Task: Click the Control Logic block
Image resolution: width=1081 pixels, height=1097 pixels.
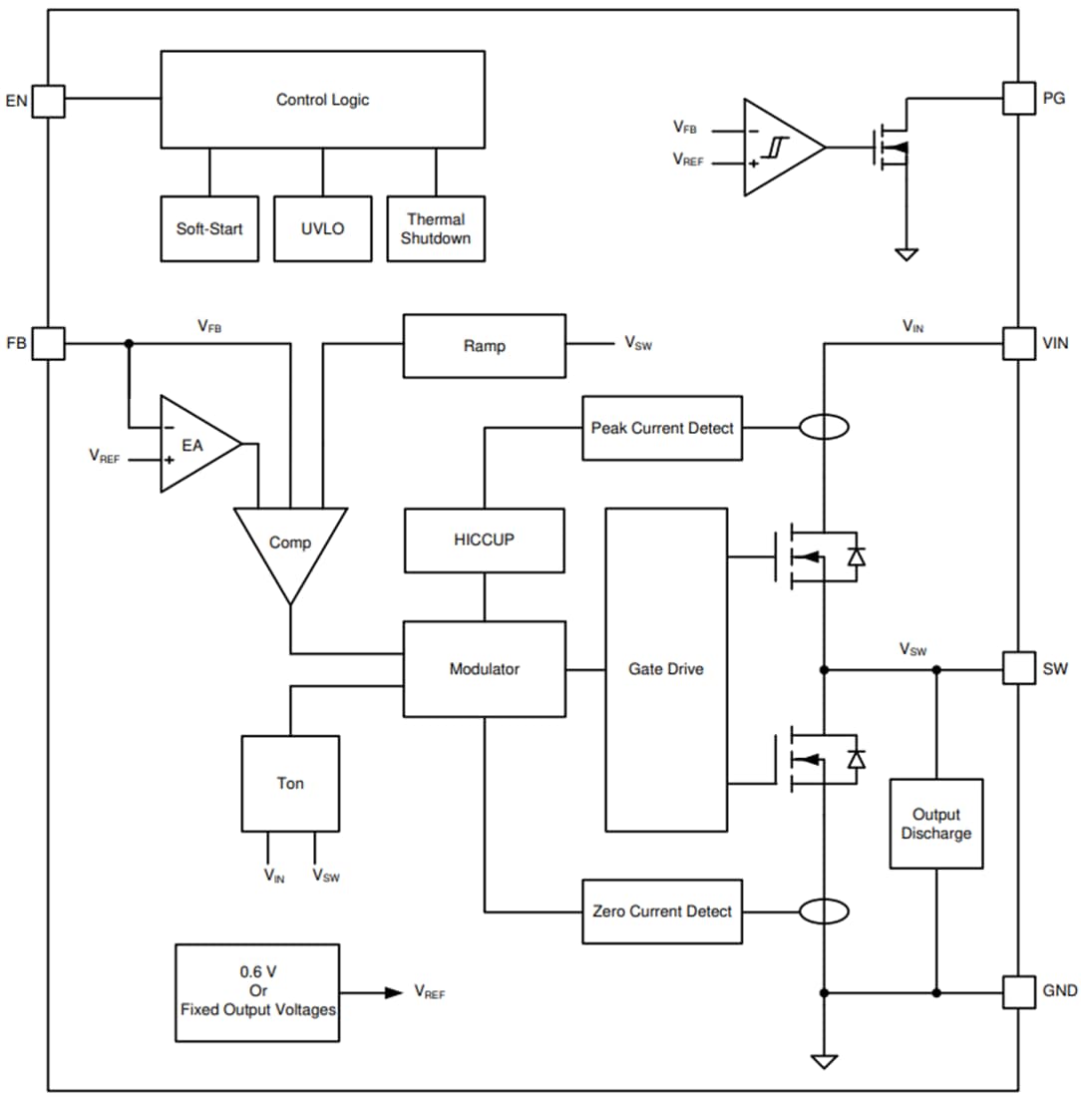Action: [322, 100]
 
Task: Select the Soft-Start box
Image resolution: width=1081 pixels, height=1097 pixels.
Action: [209, 228]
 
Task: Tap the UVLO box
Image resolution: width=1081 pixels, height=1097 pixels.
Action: [322, 228]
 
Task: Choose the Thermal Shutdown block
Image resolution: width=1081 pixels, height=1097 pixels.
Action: [436, 228]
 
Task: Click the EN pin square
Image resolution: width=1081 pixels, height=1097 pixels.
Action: [48, 101]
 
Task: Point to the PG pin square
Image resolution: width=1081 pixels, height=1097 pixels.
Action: [1018, 99]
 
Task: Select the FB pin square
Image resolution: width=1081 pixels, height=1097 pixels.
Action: [48, 344]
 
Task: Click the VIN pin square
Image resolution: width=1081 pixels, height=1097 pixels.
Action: [1018, 344]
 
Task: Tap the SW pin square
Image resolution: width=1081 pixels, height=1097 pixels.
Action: [1018, 668]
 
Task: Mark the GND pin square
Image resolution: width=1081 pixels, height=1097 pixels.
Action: [1018, 991]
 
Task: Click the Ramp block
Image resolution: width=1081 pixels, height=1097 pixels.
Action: [484, 346]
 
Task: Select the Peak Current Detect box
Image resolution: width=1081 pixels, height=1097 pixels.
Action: [662, 428]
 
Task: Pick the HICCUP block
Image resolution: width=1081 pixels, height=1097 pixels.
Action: [484, 540]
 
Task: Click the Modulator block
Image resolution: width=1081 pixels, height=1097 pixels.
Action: [484, 669]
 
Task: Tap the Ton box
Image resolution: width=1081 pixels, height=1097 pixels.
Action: [290, 784]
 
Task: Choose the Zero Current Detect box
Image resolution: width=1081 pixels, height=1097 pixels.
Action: [662, 911]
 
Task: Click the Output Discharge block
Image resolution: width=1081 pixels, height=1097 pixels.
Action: [935, 824]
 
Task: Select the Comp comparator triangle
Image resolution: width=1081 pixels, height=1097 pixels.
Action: [290, 544]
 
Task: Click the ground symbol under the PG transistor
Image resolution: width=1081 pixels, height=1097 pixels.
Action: [905, 254]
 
